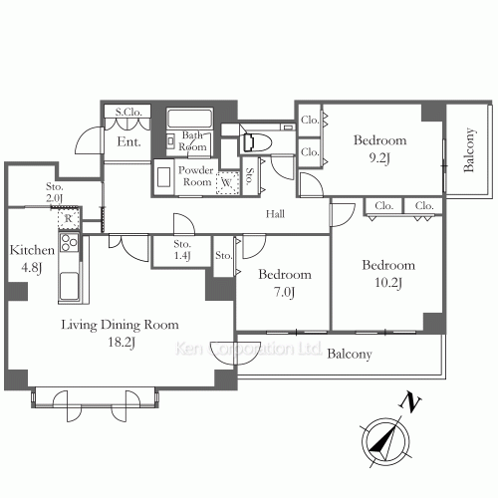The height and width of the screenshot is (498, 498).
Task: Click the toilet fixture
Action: coord(257,142)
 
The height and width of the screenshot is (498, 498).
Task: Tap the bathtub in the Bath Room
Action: coord(189,119)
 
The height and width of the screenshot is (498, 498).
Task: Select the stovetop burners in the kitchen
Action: coord(70,243)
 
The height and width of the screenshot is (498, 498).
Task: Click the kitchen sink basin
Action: coord(69,286)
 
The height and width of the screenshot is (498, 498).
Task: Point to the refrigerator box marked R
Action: coord(69,218)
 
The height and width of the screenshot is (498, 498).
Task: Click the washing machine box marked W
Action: coord(227,182)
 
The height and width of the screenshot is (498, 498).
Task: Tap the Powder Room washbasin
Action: coord(164,177)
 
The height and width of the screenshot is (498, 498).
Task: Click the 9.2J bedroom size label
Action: coord(379,158)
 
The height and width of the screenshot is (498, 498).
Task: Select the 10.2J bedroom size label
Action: coord(388,283)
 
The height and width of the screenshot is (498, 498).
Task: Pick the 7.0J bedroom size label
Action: coord(284,292)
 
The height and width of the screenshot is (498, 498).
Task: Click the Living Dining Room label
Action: coord(120,325)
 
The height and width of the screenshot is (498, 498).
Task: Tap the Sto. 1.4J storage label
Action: coord(182,250)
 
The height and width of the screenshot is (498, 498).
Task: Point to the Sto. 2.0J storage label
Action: coord(54,192)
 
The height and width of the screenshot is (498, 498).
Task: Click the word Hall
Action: coord(275,214)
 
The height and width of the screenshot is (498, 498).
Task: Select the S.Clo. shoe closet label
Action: coord(128,112)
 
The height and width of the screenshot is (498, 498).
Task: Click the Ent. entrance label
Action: coord(128,141)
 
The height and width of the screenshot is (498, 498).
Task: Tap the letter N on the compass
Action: coord(410,402)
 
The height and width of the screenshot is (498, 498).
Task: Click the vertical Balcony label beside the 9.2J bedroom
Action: coord(468,149)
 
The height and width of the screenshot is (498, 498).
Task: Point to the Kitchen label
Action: coord(32,250)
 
